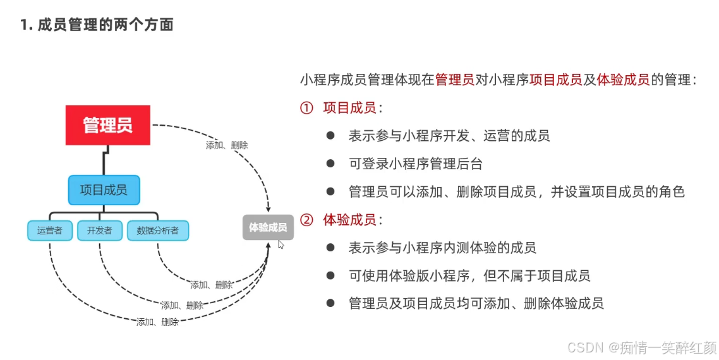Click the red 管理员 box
(108, 125)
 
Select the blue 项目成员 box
(104, 189)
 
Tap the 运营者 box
(50, 231)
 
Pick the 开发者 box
(99, 231)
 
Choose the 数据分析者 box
(158, 231)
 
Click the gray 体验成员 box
(268, 227)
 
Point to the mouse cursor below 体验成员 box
(281, 244)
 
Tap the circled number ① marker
(306, 108)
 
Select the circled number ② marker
(306, 220)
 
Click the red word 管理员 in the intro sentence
(454, 80)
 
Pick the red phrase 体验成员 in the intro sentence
(622, 80)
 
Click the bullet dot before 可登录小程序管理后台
(330, 164)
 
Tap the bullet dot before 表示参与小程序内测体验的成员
(330, 248)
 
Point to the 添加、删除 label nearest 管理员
(227, 145)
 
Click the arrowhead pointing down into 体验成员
(269, 208)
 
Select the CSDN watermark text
(641, 347)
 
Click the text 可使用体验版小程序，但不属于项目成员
(469, 275)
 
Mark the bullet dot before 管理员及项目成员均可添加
(330, 303)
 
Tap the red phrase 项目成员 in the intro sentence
(555, 80)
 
